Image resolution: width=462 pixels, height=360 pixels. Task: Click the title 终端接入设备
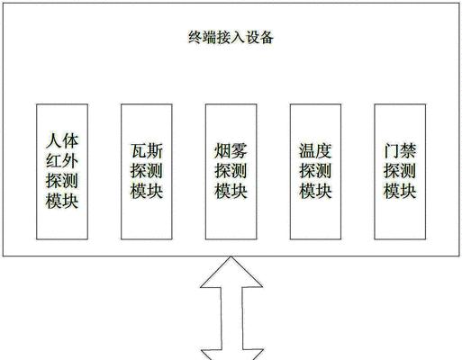(231, 38)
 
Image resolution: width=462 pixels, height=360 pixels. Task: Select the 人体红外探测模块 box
(62, 172)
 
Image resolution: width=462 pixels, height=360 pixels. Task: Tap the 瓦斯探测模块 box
(147, 172)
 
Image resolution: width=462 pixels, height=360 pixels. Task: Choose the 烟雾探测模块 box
(231, 172)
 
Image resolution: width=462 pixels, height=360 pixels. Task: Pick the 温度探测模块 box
(315, 172)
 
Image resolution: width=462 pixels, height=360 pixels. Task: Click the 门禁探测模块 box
(400, 172)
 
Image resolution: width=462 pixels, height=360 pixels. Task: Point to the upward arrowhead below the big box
(231, 273)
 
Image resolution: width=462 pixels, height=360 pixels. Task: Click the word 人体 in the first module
(62, 141)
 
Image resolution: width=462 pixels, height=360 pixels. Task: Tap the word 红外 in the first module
(62, 161)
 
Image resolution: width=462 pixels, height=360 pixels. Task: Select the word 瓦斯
(147, 151)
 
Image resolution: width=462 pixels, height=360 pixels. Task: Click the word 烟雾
(231, 151)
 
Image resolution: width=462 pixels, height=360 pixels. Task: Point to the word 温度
(315, 151)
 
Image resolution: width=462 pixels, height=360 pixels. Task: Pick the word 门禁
(400, 151)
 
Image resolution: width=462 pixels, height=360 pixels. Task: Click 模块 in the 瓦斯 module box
(147, 191)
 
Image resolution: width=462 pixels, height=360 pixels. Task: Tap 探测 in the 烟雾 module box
(231, 171)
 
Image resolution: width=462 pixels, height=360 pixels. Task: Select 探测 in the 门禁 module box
(400, 171)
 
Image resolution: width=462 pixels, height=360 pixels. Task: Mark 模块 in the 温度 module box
(315, 191)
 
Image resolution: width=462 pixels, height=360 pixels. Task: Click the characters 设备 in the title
(259, 38)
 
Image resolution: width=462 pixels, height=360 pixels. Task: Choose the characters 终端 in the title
(202, 38)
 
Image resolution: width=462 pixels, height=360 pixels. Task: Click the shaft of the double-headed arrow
(231, 319)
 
